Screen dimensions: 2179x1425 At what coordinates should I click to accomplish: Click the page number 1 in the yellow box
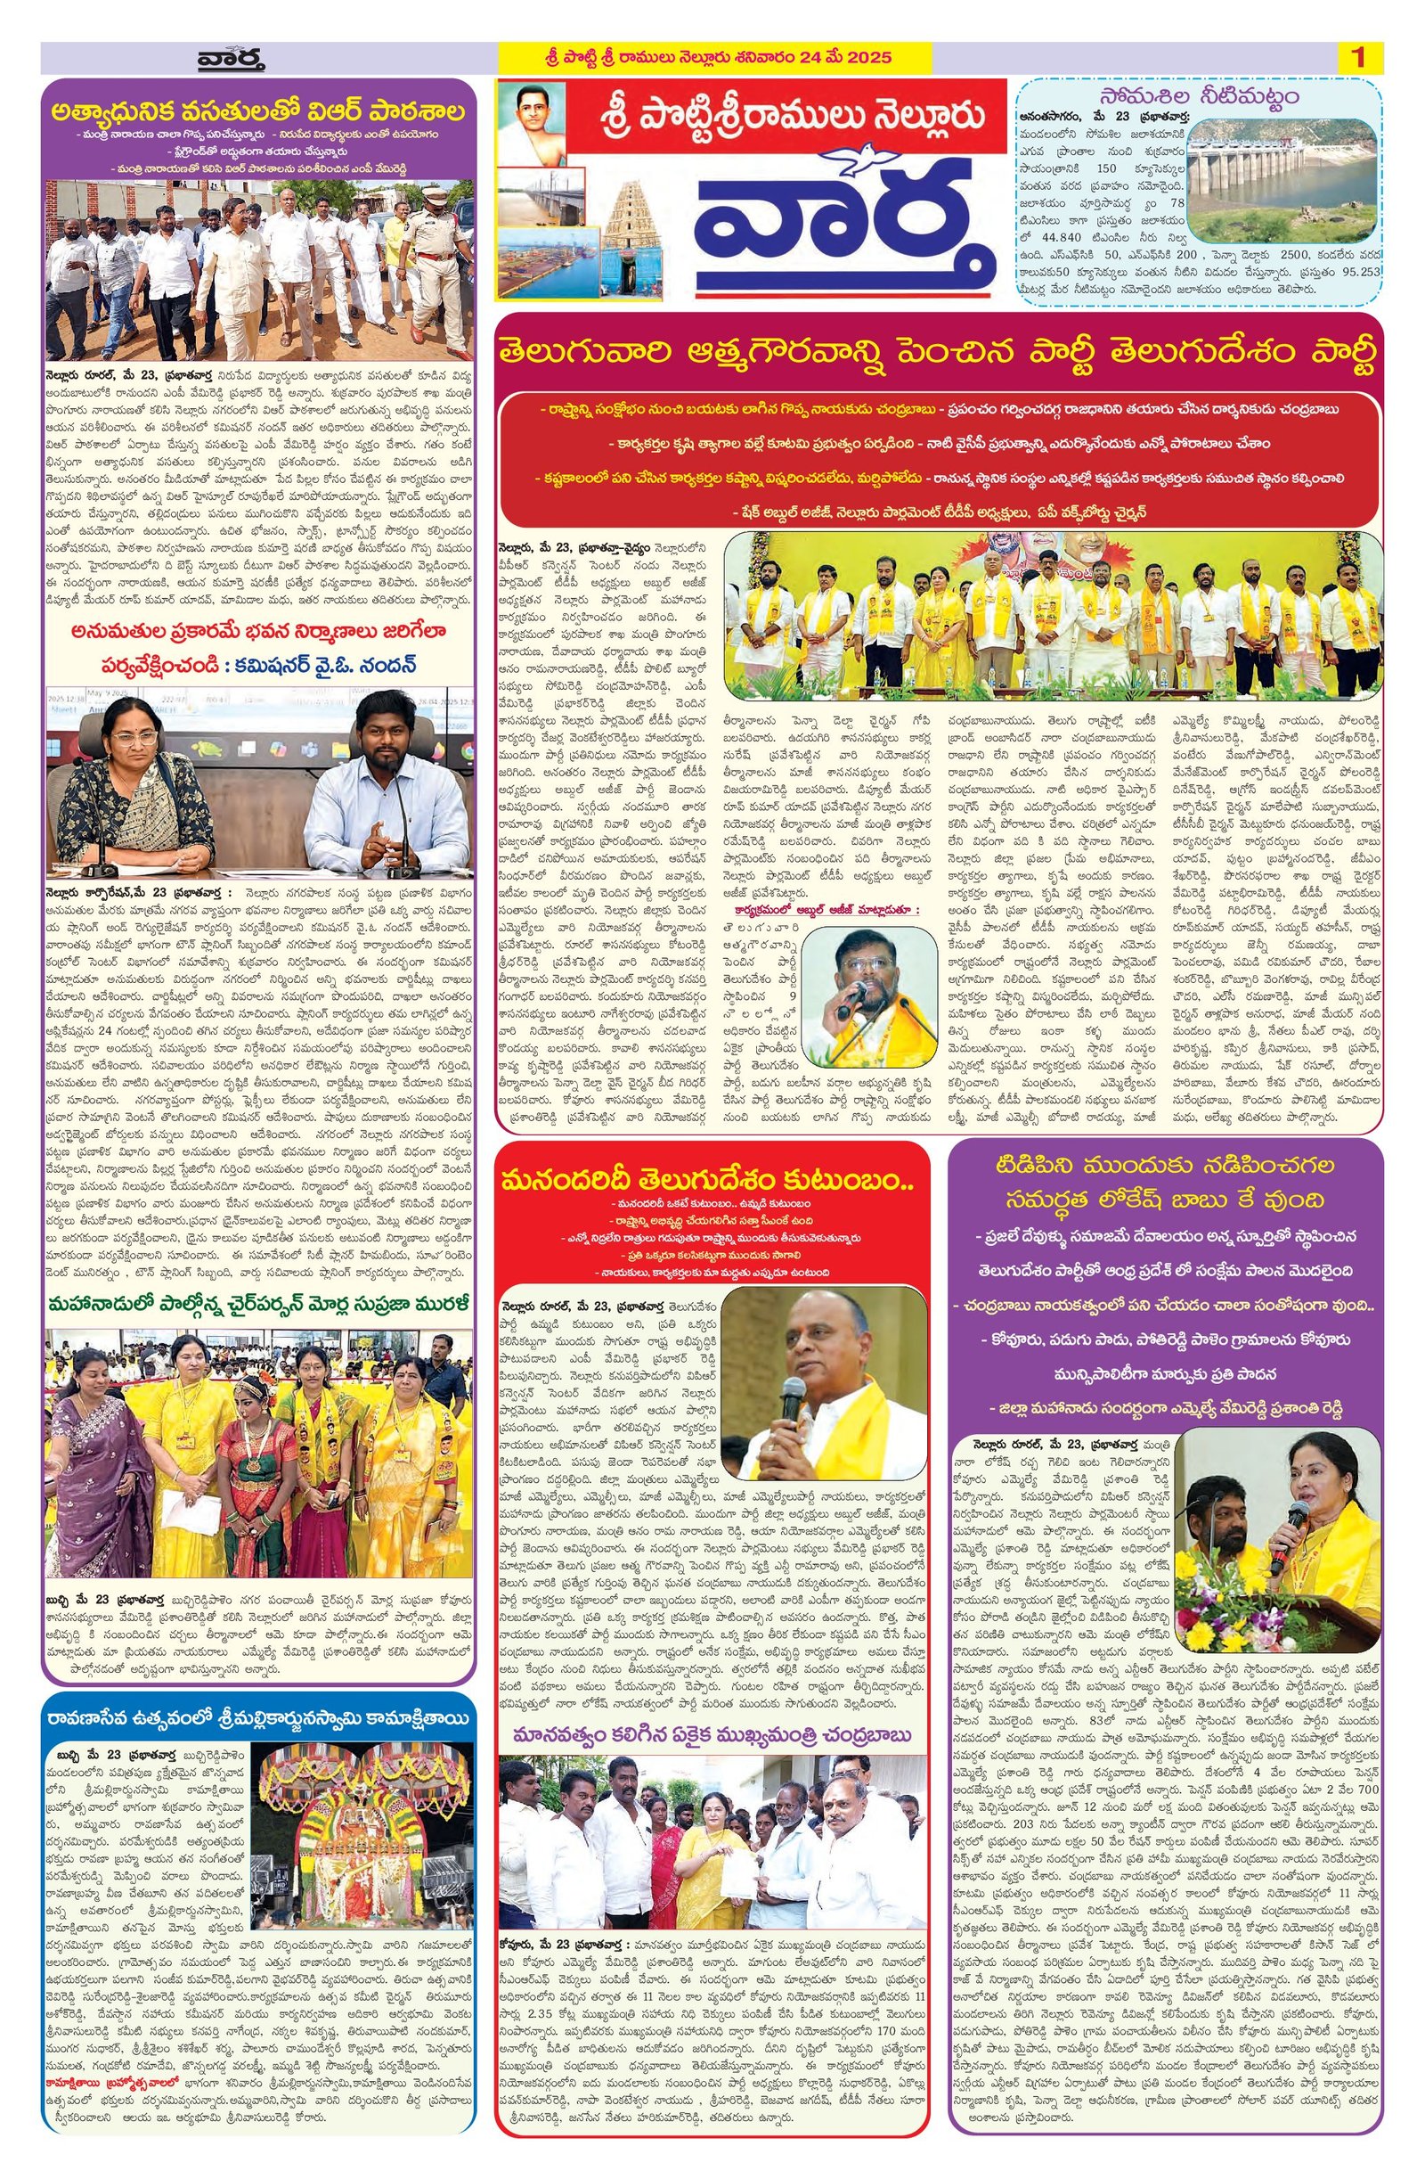coord(1358,58)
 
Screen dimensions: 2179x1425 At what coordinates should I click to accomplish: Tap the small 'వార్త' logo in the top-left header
coord(229,61)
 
